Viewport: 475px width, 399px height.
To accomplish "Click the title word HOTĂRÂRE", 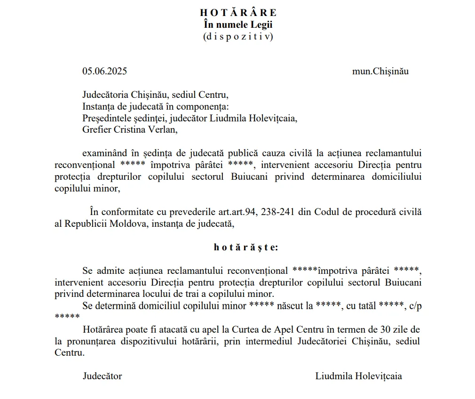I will point(238,13).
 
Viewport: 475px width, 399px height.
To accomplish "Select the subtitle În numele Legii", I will point(238,24).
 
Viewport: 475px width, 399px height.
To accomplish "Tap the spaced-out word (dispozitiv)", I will point(238,36).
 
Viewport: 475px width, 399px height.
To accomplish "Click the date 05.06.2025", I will point(105,72).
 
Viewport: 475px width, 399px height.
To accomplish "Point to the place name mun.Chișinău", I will point(380,72).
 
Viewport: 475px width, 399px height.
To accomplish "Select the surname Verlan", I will point(163,129).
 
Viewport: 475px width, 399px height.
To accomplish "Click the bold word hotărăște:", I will point(245,247).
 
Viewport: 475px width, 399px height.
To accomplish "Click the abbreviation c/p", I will point(415,305).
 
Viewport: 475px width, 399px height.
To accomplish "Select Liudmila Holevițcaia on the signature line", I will point(358,376).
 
